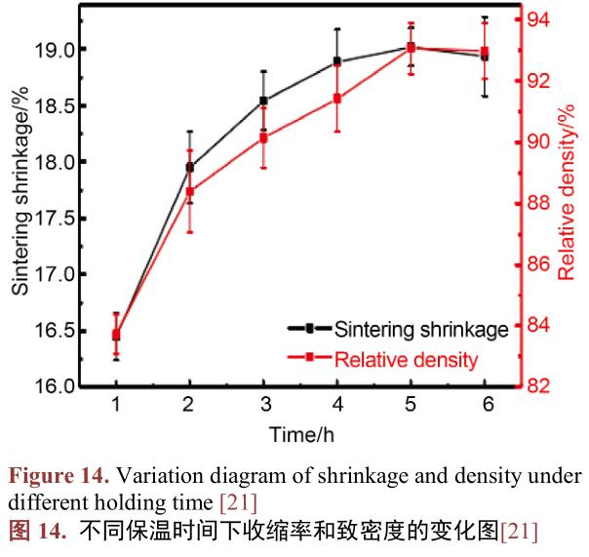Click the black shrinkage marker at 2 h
pyautogui.click(x=189, y=167)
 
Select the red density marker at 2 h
pyautogui.click(x=189, y=192)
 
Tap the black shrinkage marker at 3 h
pyautogui.click(x=263, y=100)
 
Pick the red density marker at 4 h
pyautogui.click(x=337, y=99)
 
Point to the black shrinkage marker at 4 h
pyautogui.click(x=337, y=61)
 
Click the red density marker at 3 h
pyautogui.click(x=263, y=139)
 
